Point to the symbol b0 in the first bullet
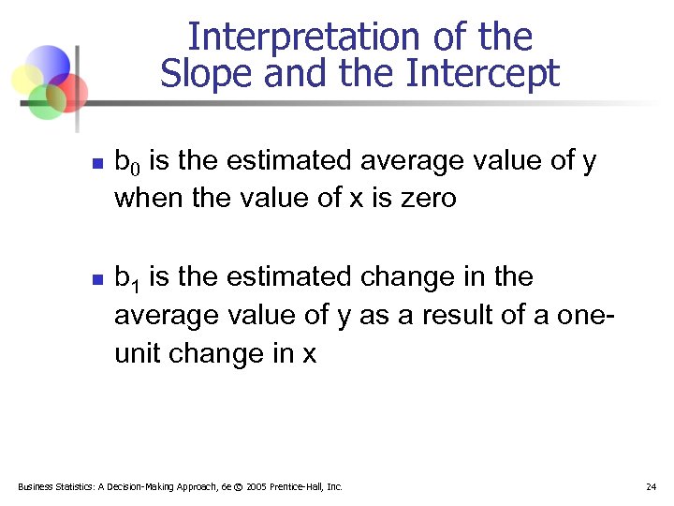click(x=126, y=162)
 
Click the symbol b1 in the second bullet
click(x=126, y=278)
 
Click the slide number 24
click(x=651, y=487)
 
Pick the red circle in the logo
click(x=70, y=91)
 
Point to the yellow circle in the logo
click(x=26, y=79)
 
